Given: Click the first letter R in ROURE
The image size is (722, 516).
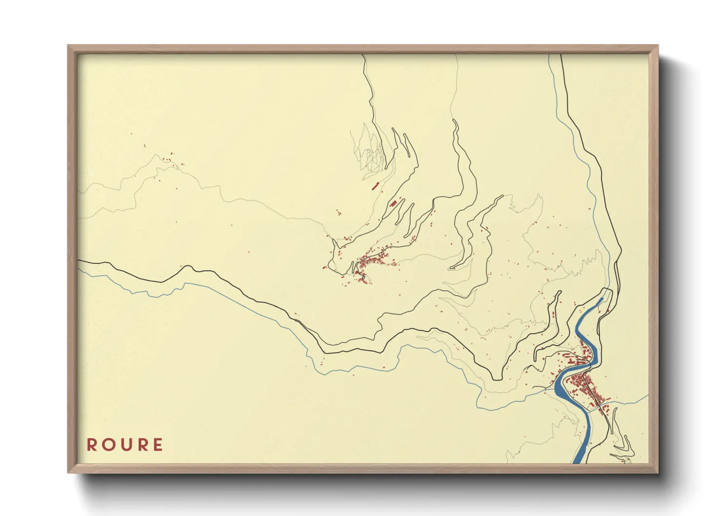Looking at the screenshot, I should coord(92,445).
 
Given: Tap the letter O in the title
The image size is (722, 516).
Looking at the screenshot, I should coord(108,445).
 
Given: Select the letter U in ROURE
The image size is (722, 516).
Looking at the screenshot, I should coord(125,445).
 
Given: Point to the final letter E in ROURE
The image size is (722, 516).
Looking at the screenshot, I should coord(158,445).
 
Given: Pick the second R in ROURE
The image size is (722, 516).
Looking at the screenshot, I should coord(141,445).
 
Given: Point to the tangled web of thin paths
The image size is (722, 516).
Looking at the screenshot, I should coord(371,151).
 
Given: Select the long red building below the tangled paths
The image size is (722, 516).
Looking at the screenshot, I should coord(375,186).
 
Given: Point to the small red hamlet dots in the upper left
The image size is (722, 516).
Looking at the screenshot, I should coord(168,158).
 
